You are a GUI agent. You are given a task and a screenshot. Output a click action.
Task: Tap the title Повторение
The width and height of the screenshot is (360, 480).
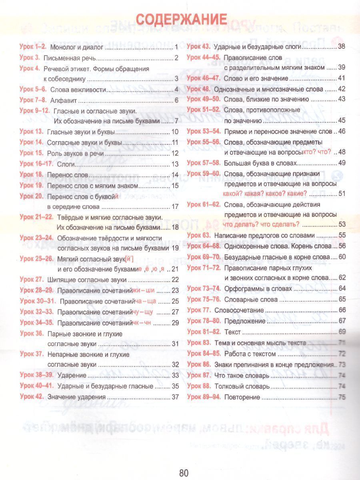click(x=242, y=397)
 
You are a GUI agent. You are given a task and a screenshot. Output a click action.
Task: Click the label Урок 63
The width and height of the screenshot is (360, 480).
click(x=198, y=235)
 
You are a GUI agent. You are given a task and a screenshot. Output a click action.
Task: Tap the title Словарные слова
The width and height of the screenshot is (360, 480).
click(x=245, y=299)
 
